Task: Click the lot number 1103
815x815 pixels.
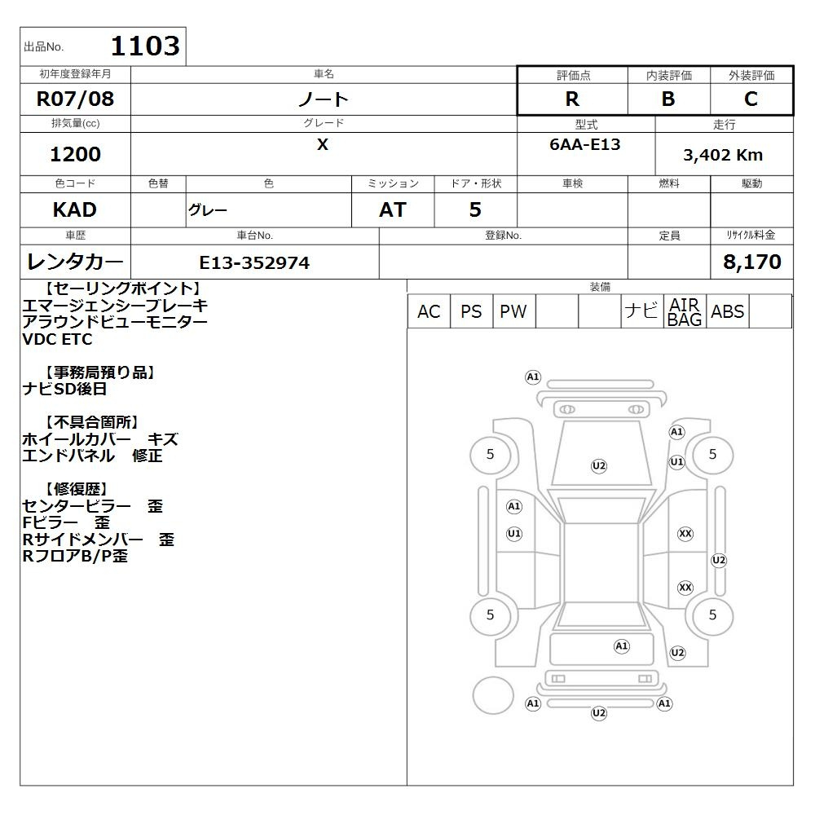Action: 145,46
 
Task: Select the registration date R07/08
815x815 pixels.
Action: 75,99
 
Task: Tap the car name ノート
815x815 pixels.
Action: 323,99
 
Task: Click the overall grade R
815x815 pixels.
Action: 572,99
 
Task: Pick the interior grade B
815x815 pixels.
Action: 668,99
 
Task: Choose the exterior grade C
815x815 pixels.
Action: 751,99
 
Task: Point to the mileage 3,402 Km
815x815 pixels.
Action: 723,155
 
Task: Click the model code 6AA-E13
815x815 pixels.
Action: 584,144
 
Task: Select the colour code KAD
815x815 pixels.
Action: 75,210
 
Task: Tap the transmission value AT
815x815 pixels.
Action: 393,210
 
